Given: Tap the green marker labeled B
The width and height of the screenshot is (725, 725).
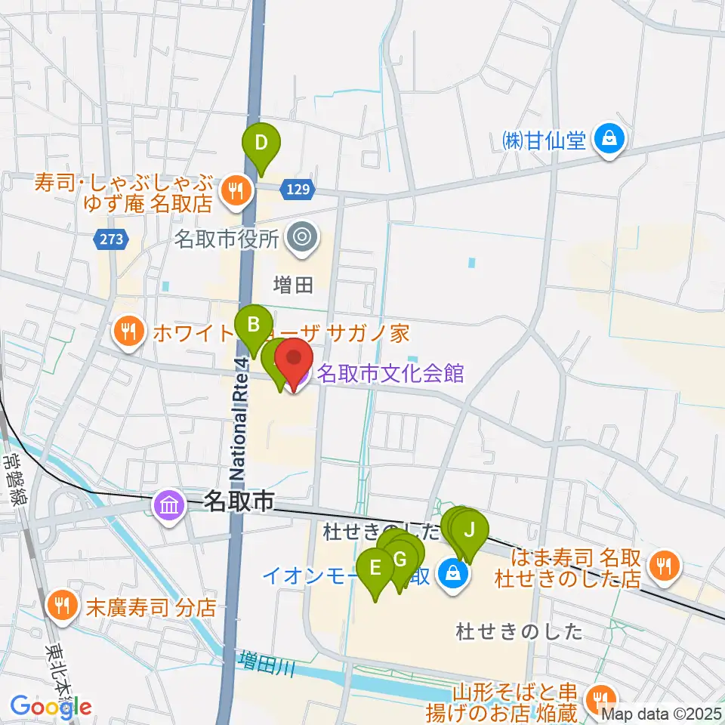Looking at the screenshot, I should click(x=255, y=326).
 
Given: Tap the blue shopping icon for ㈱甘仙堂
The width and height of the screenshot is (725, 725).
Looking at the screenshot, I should click(x=609, y=139).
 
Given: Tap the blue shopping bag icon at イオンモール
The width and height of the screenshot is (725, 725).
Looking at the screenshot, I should click(x=452, y=573).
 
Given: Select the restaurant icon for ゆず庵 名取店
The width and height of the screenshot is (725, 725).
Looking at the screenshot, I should click(x=236, y=191).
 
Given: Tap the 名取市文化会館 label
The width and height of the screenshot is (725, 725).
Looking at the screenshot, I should click(x=389, y=373).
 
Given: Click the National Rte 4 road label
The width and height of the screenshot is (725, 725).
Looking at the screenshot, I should click(x=240, y=418).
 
